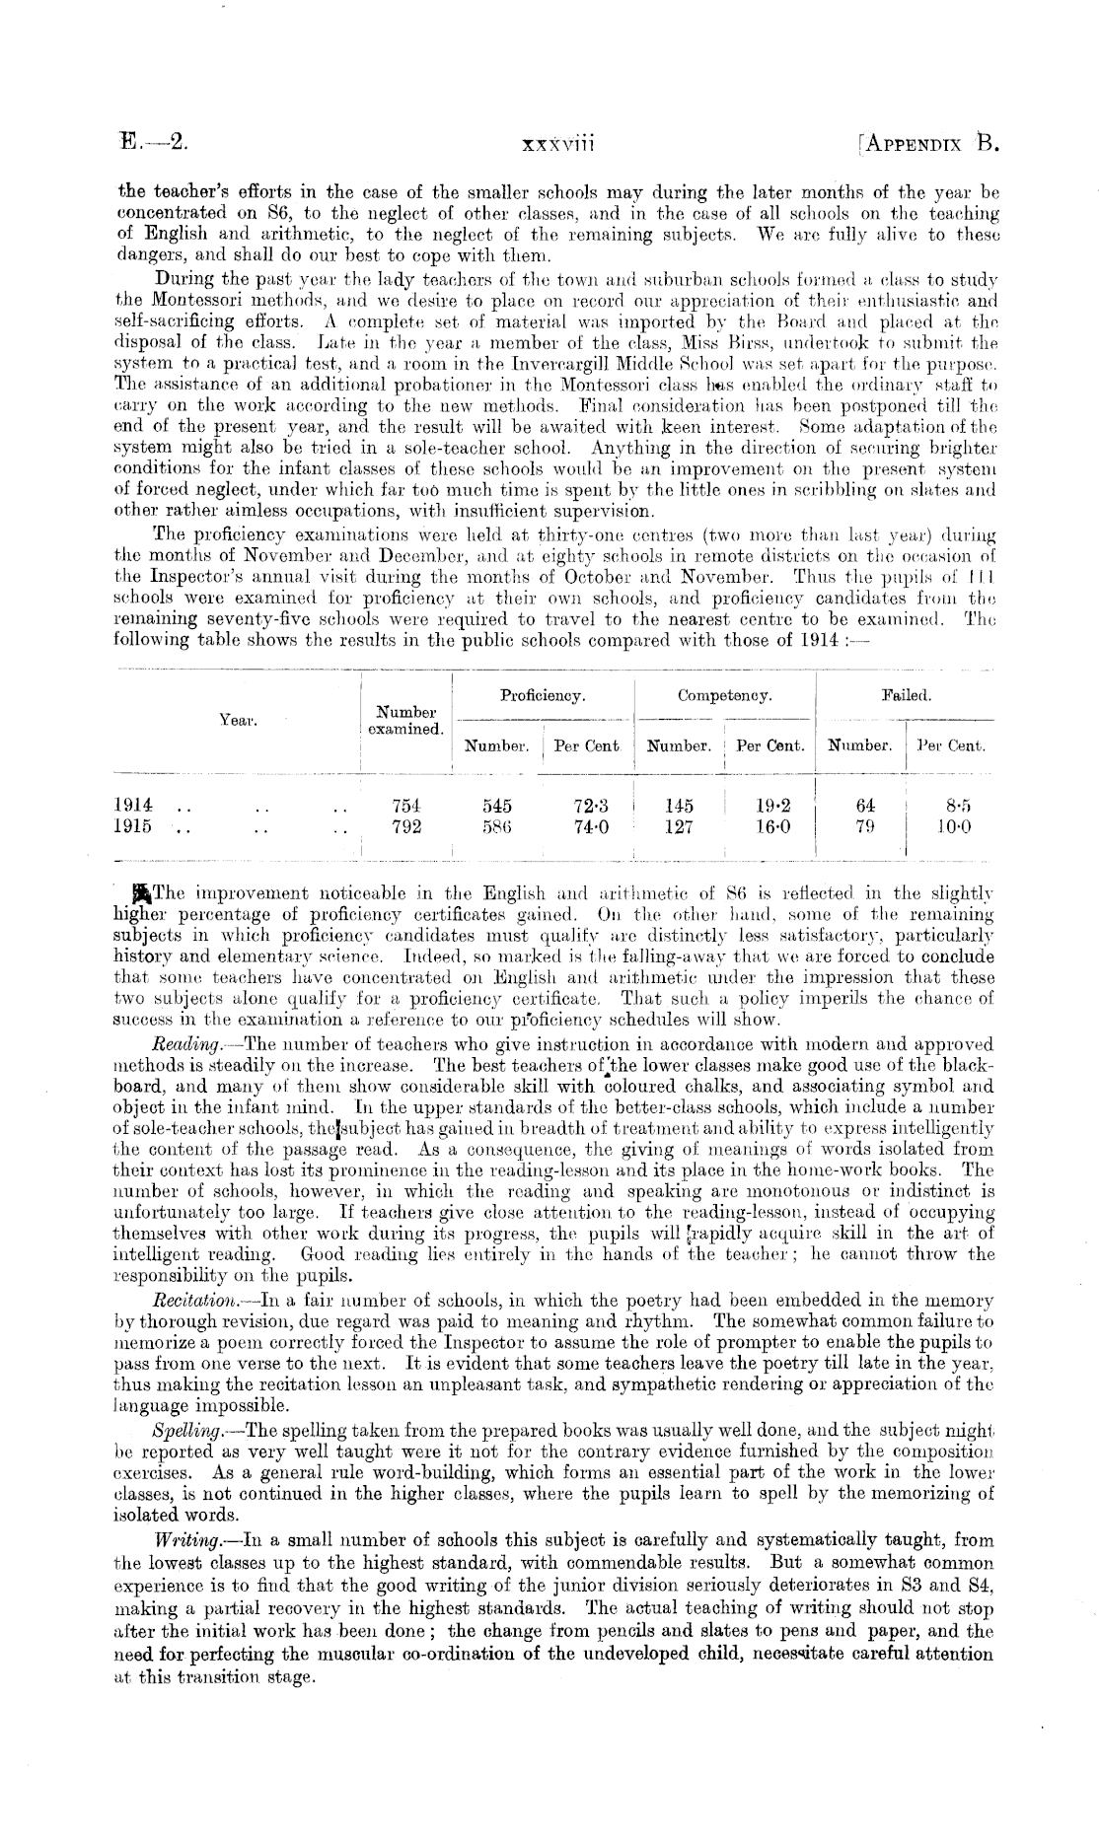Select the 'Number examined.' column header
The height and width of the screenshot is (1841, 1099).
pos(405,720)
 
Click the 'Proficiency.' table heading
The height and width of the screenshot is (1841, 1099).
pos(543,695)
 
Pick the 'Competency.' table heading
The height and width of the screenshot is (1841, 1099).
pos(724,695)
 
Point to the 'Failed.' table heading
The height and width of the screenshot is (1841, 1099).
pos(906,695)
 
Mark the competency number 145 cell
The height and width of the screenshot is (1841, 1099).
pos(679,805)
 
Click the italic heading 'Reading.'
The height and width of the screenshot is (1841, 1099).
pos(182,1043)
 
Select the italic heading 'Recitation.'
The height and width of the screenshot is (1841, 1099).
pos(189,1302)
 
